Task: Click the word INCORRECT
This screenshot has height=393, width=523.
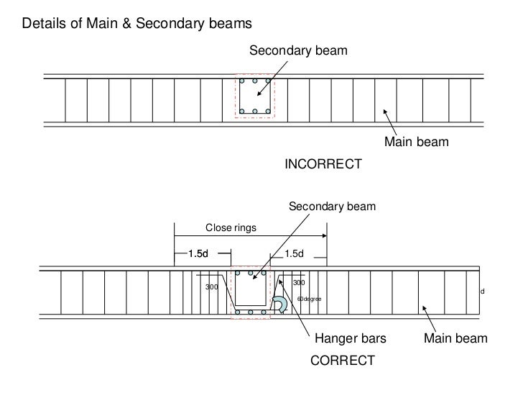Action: [x=323, y=165]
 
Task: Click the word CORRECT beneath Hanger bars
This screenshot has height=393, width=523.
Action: [x=342, y=360]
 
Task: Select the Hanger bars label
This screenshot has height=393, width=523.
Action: [x=346, y=338]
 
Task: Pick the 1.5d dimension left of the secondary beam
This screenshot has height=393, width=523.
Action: [x=198, y=253]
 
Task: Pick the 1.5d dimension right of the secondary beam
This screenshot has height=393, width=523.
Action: [x=295, y=253]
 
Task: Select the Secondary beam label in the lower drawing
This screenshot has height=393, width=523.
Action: [x=331, y=207]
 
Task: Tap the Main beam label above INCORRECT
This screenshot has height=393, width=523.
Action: [x=416, y=143]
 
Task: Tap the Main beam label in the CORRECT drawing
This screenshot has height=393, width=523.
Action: [x=455, y=338]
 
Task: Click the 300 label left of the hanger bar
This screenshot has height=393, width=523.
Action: [x=212, y=287]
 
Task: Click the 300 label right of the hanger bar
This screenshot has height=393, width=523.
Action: [x=297, y=283]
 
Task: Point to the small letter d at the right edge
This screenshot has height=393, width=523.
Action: [x=483, y=292]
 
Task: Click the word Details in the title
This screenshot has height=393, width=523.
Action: [x=44, y=24]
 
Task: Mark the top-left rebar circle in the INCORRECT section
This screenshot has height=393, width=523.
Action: [x=242, y=81]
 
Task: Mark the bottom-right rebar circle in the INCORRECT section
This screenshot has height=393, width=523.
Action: [x=267, y=111]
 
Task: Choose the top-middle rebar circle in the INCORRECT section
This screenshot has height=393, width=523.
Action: [x=254, y=81]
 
